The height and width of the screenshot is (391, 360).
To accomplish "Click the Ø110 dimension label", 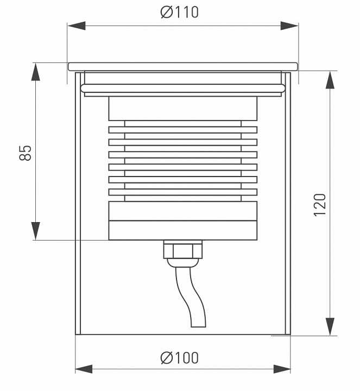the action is point(180,12).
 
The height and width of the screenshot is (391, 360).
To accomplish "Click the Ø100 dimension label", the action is point(180,357).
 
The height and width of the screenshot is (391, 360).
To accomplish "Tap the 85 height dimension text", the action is point(26,153).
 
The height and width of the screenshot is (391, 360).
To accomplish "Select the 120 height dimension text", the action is point(320,205).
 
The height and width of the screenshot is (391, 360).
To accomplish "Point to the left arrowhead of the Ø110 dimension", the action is point(76,26).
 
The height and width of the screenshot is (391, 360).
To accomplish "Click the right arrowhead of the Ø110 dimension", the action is point(289,26).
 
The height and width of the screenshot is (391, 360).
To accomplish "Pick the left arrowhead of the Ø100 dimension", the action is point(84,369).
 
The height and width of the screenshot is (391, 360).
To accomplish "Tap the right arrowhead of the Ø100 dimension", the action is point(282,369).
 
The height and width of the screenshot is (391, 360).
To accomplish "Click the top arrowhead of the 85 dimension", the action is point(36,72).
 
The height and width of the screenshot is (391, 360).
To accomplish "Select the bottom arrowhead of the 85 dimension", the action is point(36,231).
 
